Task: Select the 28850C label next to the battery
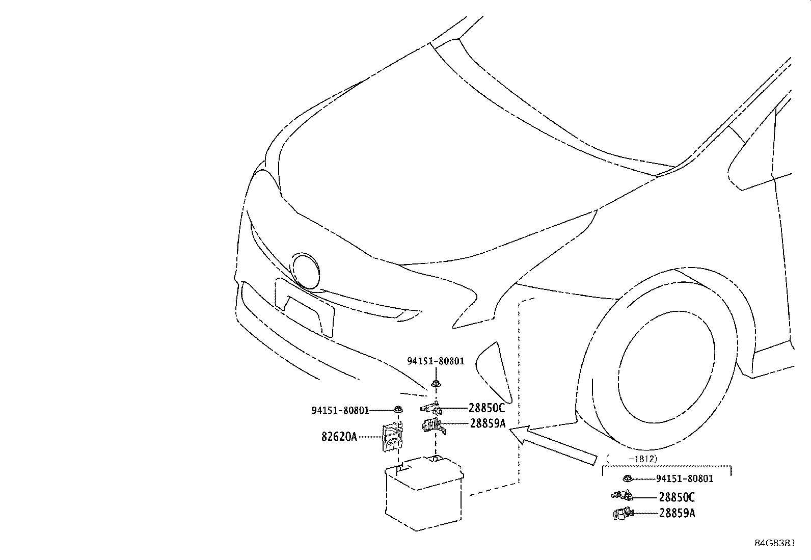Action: pos(486,408)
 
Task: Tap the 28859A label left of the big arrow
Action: pos(488,423)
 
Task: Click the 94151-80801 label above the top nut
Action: pos(436,361)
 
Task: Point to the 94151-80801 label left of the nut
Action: pos(340,410)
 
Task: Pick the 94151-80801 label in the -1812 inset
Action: pos(685,479)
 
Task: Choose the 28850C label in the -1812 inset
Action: pos(677,497)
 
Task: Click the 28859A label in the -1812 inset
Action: pos(677,513)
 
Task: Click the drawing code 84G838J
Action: pos(774,543)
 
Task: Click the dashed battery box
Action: pos(424,494)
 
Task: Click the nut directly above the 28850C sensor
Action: pos(436,383)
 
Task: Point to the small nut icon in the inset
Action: pos(628,478)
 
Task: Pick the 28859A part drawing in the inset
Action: pos(621,514)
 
